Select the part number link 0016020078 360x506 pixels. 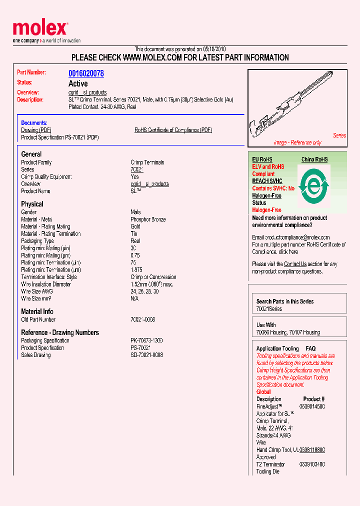[x=86, y=73]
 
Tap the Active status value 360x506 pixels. [x=78, y=83]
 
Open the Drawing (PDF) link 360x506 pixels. [x=36, y=130]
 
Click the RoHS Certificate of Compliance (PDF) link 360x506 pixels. [x=173, y=130]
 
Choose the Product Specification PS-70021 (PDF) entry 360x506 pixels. [x=59, y=137]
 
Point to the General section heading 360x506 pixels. [x=31, y=154]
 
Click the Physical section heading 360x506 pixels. [x=32, y=204]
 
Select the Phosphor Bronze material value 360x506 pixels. [x=148, y=219]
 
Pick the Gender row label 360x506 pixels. [x=29, y=212]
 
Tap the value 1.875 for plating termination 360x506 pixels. [x=136, y=270]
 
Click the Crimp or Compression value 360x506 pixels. [x=153, y=277]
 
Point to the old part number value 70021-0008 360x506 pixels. [x=142, y=319]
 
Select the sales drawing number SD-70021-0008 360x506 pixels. [x=146, y=355]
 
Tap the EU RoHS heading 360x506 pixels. [x=263, y=159]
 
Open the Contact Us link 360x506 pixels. [x=295, y=264]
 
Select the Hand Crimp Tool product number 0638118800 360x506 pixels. [x=312, y=450]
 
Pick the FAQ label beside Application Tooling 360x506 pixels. [x=310, y=348]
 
